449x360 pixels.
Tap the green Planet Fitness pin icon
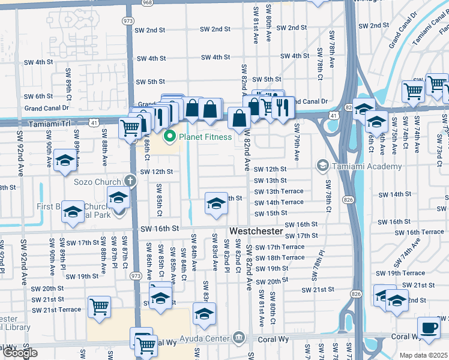coord(170,137)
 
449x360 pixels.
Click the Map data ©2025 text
coord(424,355)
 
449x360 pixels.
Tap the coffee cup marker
coord(429,329)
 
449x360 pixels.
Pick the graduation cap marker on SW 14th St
coord(216,203)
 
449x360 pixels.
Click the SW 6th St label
coord(38,96)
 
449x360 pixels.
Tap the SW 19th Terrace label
coord(406,273)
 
